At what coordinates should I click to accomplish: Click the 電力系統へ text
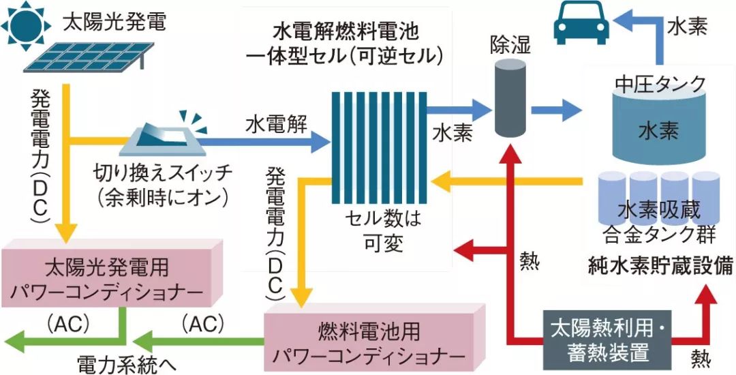pos(127,362)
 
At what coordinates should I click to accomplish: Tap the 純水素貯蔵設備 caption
pos(660,267)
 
